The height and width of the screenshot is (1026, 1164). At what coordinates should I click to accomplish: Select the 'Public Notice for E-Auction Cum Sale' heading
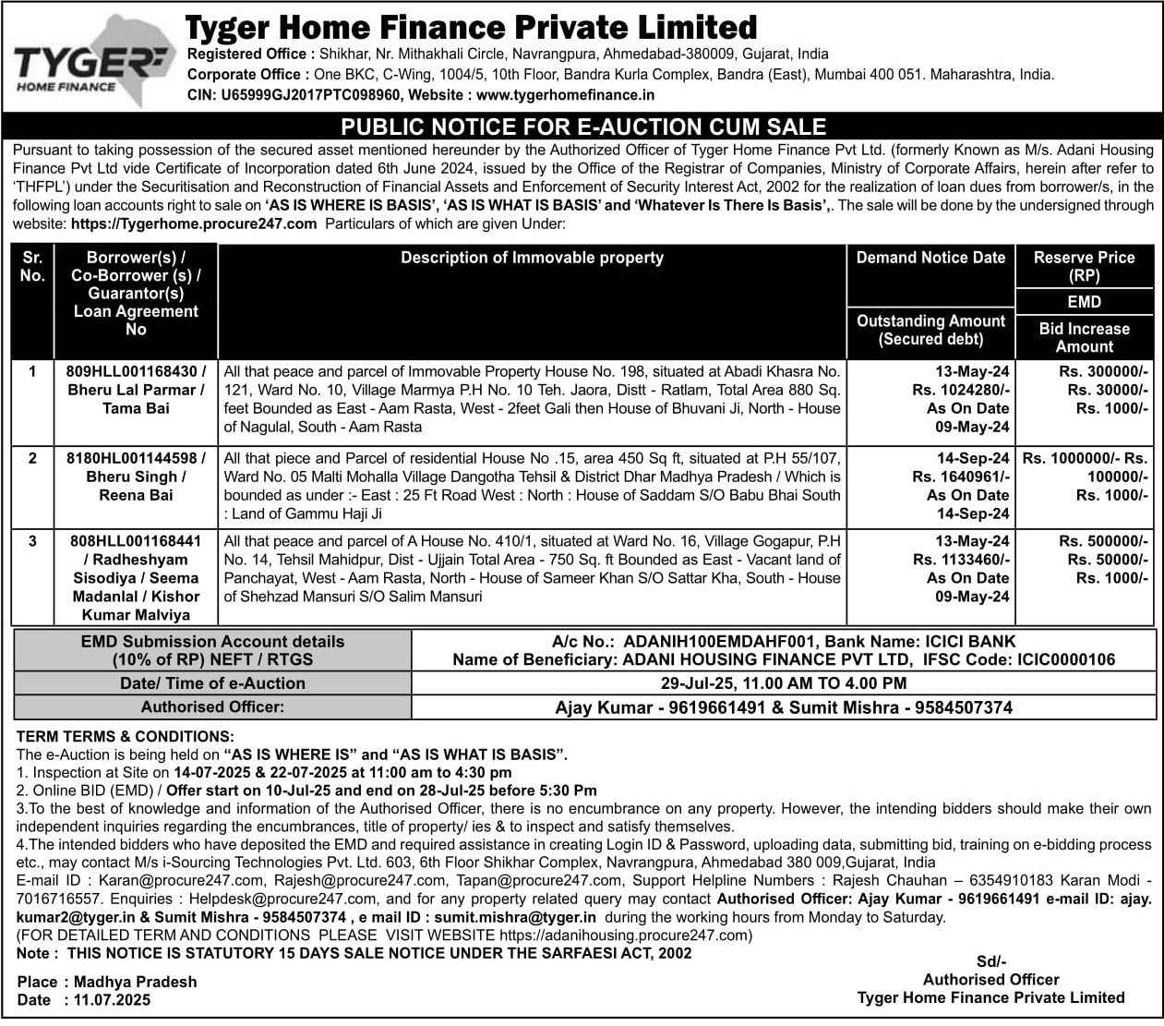point(583,126)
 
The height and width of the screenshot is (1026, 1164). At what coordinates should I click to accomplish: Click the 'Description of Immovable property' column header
point(532,259)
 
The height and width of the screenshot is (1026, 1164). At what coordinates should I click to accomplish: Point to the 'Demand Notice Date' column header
point(930,259)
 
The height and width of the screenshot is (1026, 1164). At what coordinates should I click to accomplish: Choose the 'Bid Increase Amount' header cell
point(1084,337)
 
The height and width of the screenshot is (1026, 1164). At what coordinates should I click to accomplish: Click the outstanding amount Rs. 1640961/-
point(961,477)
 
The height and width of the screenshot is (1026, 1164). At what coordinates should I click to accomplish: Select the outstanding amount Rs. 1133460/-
point(961,560)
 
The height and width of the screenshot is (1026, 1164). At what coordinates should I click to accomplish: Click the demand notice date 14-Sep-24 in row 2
point(973,459)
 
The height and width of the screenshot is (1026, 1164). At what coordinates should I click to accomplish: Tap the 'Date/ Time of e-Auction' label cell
point(212,683)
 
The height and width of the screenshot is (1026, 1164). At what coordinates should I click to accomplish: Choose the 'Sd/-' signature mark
point(990,961)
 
